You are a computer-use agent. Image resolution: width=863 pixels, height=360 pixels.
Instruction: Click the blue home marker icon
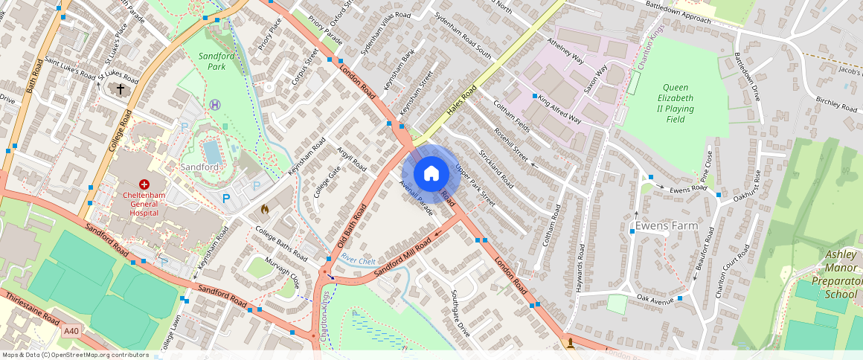[x=431, y=174]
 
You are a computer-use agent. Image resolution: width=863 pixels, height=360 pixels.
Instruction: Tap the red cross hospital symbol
[x=144, y=183]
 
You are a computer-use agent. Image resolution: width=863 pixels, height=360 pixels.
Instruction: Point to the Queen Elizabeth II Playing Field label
[x=678, y=103]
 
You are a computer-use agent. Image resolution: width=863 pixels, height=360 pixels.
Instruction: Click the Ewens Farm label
[x=662, y=224]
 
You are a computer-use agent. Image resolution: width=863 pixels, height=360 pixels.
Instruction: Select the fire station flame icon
[x=263, y=210]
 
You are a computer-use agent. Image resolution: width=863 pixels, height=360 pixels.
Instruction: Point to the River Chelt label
[x=358, y=260]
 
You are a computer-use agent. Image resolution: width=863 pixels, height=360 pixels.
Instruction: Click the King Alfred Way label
[x=559, y=108]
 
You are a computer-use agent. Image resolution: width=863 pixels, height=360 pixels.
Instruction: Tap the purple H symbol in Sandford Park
[x=215, y=105]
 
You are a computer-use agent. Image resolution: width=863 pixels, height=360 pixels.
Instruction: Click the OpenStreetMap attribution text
[x=74, y=355]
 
